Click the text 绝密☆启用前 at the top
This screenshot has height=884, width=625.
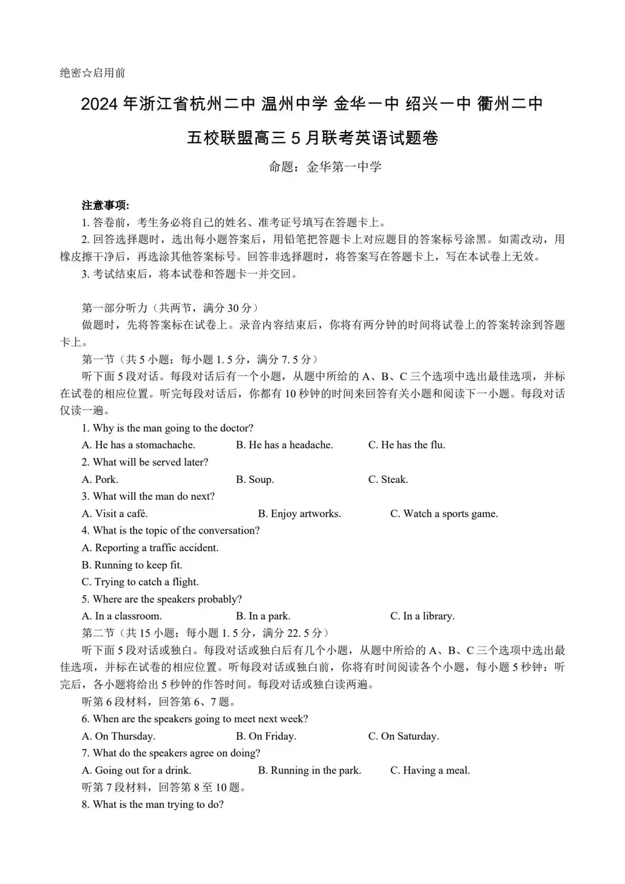pyautogui.click(x=92, y=73)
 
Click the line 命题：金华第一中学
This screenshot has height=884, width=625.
pyautogui.click(x=325, y=167)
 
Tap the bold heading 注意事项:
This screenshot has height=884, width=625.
pyautogui.click(x=105, y=205)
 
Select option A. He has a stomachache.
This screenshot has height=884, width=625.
pyautogui.click(x=139, y=445)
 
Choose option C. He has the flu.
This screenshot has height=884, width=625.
pyautogui.click(x=406, y=445)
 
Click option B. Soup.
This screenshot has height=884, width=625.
pyautogui.click(x=255, y=479)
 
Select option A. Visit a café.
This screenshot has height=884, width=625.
pyautogui.click(x=115, y=514)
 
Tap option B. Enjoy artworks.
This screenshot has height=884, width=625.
pyautogui.click(x=299, y=514)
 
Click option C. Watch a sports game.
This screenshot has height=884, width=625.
pyautogui.click(x=444, y=514)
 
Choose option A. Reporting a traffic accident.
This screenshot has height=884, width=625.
pyautogui.click(x=150, y=548)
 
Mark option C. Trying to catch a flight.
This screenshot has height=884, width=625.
pyautogui.click(x=140, y=582)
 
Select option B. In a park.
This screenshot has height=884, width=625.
pyautogui.click(x=263, y=616)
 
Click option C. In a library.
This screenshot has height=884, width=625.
pyautogui.click(x=422, y=616)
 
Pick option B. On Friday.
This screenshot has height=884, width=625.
pyautogui.click(x=266, y=736)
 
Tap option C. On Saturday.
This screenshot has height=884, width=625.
pyautogui.click(x=403, y=736)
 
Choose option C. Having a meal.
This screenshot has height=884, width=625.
pyautogui.click(x=430, y=770)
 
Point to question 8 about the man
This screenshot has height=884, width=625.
pyautogui.click(x=152, y=804)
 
